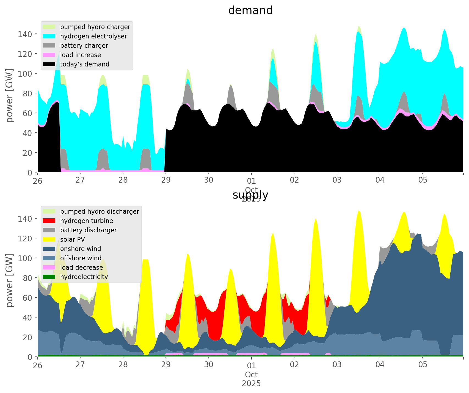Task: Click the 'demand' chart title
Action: (x=250, y=10)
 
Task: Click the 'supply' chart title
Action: (x=250, y=195)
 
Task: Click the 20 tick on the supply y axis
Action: (x=27, y=337)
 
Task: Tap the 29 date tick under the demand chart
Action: (x=166, y=180)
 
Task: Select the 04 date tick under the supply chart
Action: (x=380, y=365)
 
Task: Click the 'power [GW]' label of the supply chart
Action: (x=10, y=280)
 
